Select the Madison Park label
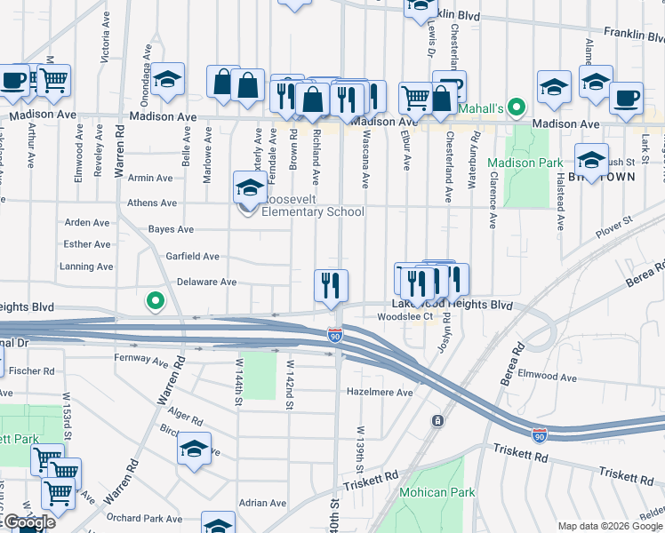[525, 163]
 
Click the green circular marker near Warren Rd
[156, 302]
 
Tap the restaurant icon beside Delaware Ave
[331, 285]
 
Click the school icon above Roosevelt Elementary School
[250, 187]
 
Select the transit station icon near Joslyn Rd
[437, 420]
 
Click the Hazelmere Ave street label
[380, 392]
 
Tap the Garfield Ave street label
[192, 257]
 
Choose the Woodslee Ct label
[405, 316]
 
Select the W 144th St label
[238, 382]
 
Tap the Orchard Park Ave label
[144, 519]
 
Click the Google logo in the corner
[28, 522]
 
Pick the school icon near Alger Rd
[193, 450]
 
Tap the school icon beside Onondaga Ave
[166, 79]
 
